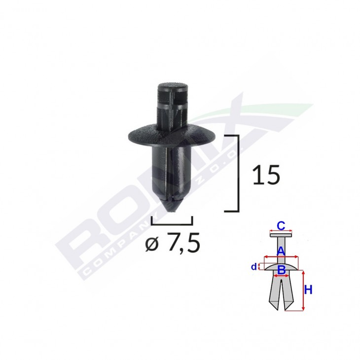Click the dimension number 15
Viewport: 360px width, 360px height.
266,175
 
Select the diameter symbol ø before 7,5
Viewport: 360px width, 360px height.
154,245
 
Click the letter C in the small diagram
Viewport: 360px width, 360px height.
281,226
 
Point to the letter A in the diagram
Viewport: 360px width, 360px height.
281,251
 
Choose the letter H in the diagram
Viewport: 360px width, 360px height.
308,290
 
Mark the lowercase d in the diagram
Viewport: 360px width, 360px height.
253,267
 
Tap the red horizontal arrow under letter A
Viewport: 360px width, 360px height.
281,257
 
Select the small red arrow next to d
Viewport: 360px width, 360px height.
260,267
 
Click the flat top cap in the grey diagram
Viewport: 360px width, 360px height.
281,235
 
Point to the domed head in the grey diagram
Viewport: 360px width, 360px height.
281,266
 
